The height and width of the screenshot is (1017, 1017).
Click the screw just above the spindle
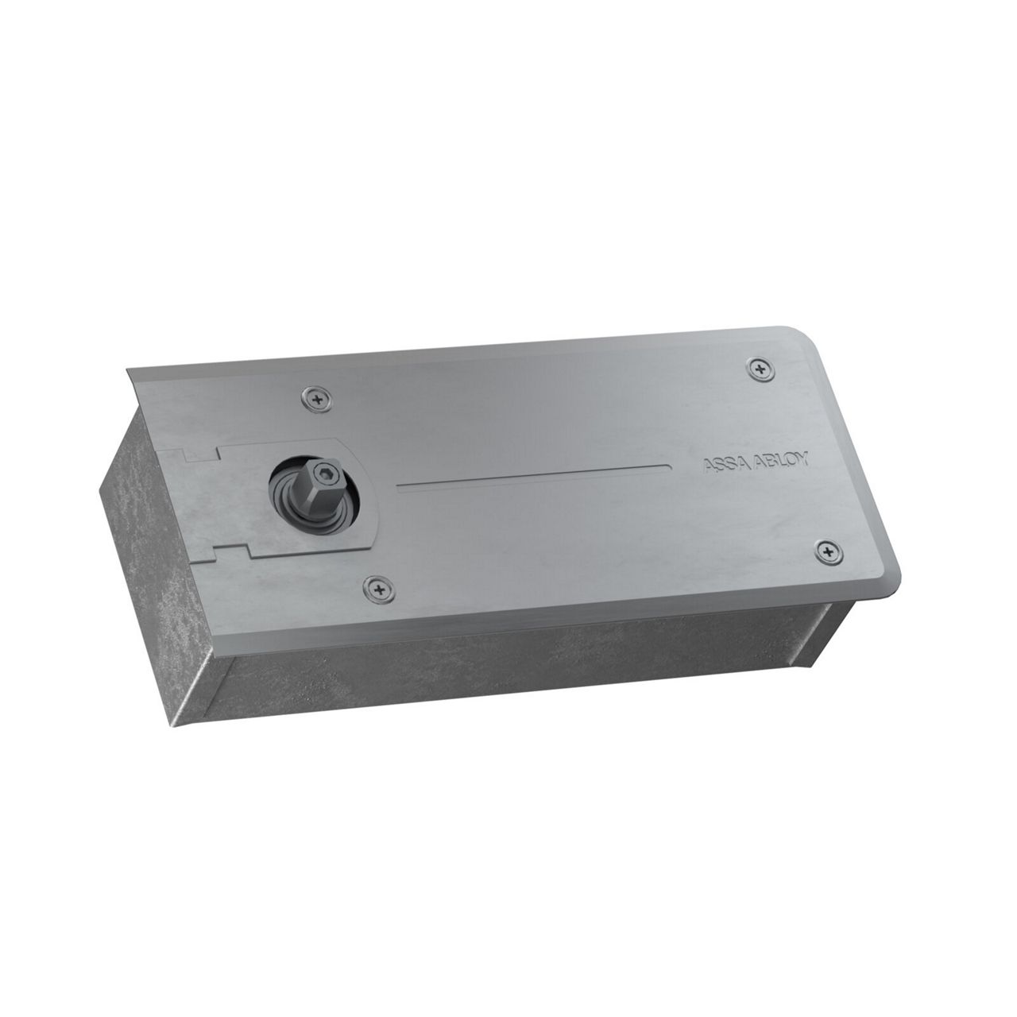coord(317,400)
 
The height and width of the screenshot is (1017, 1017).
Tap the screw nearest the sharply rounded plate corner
coord(760,369)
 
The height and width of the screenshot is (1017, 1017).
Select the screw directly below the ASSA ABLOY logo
coord(829,552)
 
